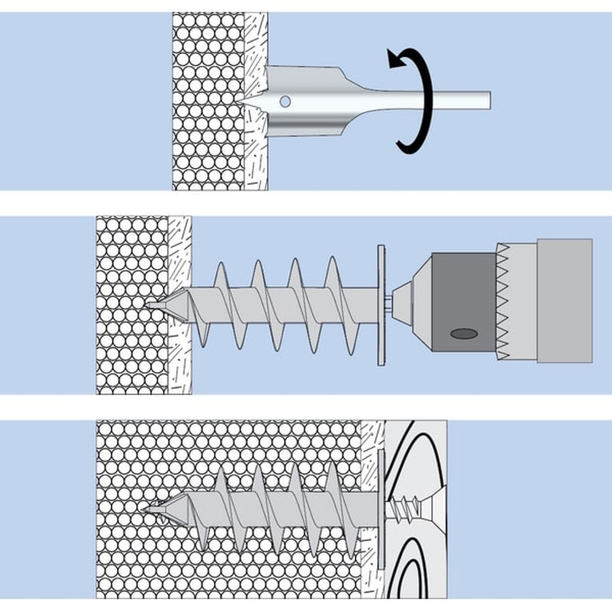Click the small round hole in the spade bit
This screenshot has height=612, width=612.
coord(285,101)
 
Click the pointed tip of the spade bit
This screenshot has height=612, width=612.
coord(243,100)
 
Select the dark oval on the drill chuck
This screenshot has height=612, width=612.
coord(464,334)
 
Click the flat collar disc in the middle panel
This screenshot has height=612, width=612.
coord(381,304)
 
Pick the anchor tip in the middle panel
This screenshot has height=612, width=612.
coord(154,305)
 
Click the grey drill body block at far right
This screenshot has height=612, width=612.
coord(564,300)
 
